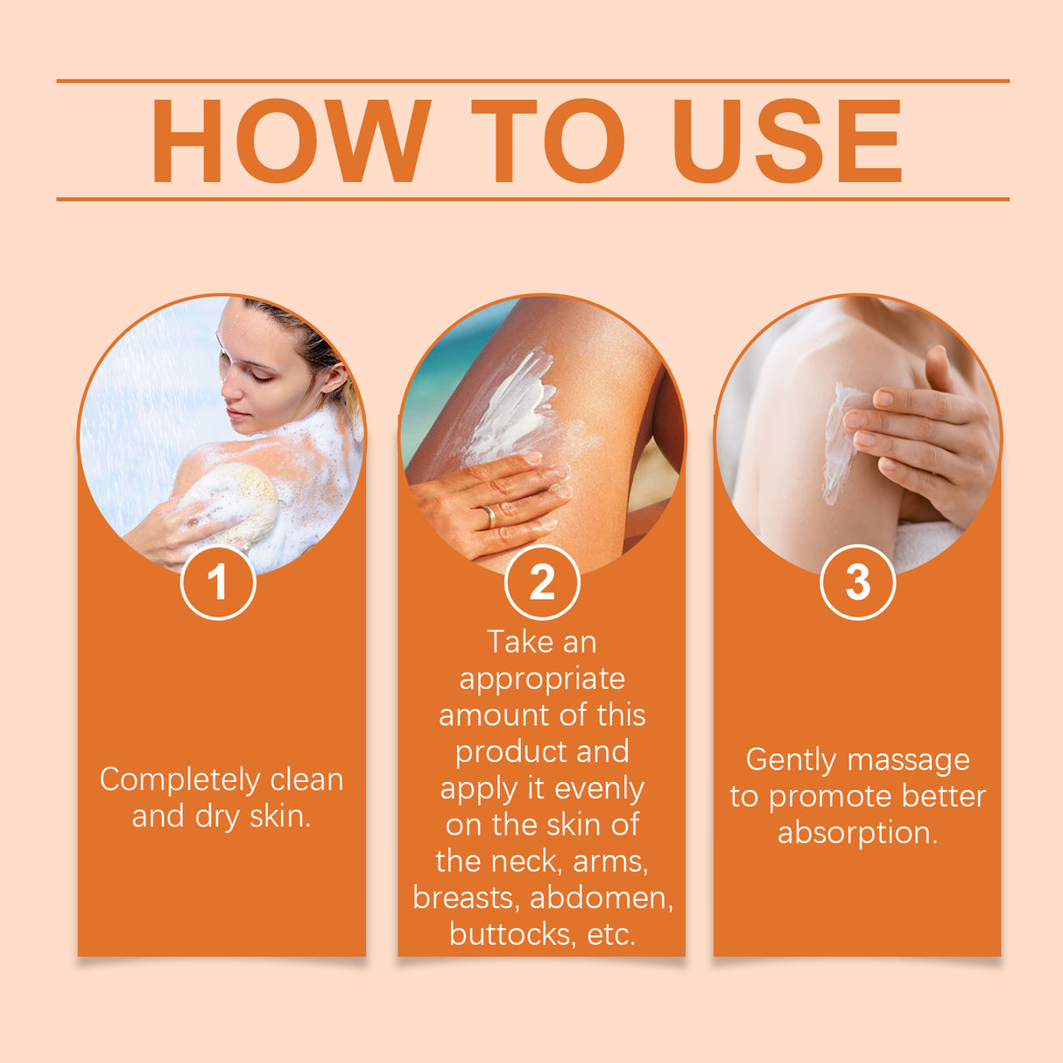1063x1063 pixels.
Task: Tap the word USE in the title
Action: [786, 142]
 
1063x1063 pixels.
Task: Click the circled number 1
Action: [218, 582]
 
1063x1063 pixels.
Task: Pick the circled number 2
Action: [542, 582]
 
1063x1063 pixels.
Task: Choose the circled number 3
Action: [857, 582]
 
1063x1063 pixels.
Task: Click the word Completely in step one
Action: [180, 779]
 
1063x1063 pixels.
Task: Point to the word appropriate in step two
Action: [542, 679]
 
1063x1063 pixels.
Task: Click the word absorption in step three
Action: [856, 833]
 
